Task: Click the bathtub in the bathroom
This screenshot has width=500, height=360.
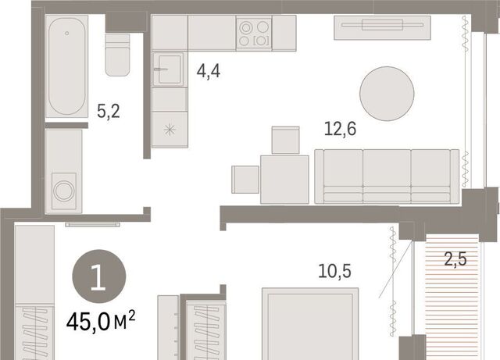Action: [x=66, y=66]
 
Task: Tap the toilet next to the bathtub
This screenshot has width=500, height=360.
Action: [x=117, y=55]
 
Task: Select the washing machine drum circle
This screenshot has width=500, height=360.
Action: [x=64, y=191]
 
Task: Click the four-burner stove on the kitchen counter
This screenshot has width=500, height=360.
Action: [x=254, y=33]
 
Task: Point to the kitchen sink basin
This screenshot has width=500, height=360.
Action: [x=168, y=70]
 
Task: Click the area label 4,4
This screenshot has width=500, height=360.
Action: [x=209, y=71]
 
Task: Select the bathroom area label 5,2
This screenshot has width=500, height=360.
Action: [x=109, y=112]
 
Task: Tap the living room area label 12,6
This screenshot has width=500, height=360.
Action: [x=340, y=129]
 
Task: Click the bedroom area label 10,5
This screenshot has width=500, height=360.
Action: [x=335, y=271]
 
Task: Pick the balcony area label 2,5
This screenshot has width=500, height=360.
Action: [x=455, y=258]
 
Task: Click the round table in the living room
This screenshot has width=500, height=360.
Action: [x=387, y=94]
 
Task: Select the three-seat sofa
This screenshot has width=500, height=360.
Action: [x=387, y=176]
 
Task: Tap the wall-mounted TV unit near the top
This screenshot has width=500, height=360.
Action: [x=382, y=28]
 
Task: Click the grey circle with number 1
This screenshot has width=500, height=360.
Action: [x=99, y=276]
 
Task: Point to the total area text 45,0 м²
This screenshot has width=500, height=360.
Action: [x=101, y=321]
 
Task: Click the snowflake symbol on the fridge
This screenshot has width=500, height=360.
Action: [x=170, y=130]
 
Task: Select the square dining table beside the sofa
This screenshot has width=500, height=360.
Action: [x=284, y=180]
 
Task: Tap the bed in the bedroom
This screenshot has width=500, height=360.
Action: [x=310, y=324]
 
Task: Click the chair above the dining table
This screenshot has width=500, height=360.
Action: [x=285, y=141]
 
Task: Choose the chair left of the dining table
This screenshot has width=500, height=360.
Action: [x=245, y=180]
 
